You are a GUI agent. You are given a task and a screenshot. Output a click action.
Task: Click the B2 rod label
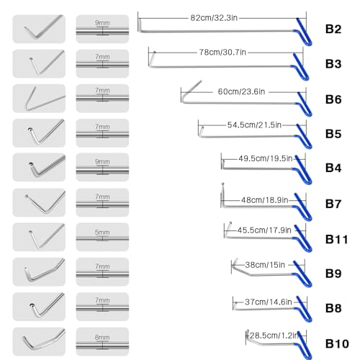333,29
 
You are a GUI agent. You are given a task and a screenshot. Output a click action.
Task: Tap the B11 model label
336,239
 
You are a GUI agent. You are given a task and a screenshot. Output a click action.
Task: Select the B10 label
337,343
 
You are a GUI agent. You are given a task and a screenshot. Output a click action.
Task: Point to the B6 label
333,99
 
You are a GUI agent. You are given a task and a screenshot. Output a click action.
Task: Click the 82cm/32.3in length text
214,18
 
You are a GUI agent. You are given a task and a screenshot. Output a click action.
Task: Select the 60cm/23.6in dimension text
241,91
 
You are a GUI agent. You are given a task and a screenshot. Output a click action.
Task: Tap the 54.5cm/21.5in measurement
254,125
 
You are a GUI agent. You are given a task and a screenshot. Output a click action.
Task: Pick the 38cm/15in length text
265,265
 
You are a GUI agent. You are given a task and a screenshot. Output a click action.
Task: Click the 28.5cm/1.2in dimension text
274,336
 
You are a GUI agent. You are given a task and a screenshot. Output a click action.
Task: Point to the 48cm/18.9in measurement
264,200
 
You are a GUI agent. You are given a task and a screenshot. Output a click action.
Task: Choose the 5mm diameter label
102,233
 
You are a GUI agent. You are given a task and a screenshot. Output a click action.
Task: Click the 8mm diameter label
102,338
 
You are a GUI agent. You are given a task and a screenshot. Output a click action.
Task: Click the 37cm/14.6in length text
269,302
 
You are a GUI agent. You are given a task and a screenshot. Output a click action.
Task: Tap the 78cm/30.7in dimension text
222,52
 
